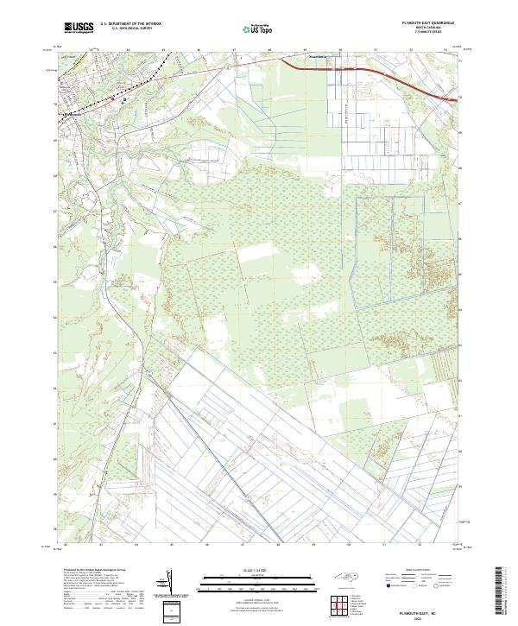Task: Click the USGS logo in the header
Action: pos(79,28)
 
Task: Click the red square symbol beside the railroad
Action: pos(112,99)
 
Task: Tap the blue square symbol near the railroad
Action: pos(124,100)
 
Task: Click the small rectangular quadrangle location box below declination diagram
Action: pos(174,611)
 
